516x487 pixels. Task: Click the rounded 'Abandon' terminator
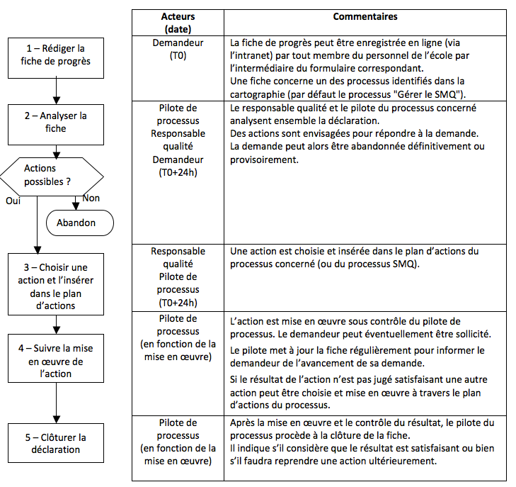pos(80,223)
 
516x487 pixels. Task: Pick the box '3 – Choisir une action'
pos(55,286)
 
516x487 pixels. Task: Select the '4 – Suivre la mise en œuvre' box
pos(55,360)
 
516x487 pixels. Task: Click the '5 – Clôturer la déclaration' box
pos(55,443)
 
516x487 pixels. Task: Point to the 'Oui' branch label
pos(13,201)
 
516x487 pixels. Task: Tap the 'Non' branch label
pos(91,198)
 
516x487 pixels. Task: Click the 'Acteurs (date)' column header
pos(178,23)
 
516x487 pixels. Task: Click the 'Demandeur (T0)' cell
pos(178,49)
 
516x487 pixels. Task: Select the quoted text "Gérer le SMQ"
pos(432,94)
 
